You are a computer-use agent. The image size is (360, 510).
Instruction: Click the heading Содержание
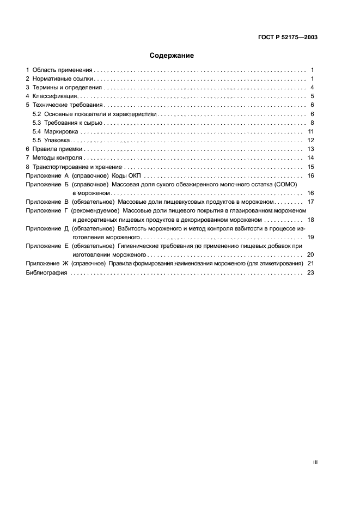(172, 56)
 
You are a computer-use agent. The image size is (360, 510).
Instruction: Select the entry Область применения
(63, 70)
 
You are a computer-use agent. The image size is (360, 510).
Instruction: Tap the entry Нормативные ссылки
(63, 79)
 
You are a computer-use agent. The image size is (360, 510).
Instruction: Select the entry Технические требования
(68, 105)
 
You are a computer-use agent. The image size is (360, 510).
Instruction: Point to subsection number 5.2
(37, 114)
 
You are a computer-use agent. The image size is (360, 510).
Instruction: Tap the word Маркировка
(62, 131)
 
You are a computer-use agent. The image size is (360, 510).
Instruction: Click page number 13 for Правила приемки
(311, 149)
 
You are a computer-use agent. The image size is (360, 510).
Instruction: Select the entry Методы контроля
(57, 157)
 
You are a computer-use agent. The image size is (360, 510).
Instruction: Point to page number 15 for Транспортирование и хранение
(311, 167)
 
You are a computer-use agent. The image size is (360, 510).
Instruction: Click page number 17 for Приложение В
(311, 202)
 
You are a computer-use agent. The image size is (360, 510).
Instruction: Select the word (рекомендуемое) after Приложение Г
(96, 210)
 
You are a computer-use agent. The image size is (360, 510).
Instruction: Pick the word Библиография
(46, 272)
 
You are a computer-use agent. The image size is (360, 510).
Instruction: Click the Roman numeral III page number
(315, 462)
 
